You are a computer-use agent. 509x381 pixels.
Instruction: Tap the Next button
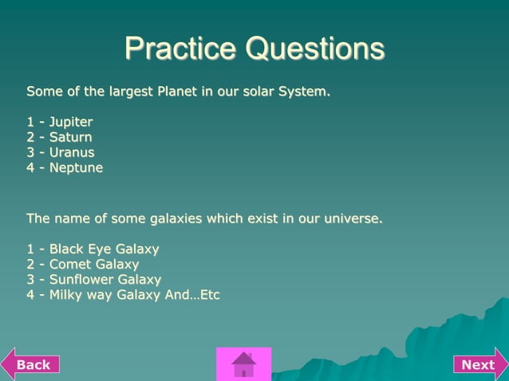479,364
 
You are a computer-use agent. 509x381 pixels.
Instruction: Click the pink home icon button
243,364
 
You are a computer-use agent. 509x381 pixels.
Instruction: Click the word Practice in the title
180,49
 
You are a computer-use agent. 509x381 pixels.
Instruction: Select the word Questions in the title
315,49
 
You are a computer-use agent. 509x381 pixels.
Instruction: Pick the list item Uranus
71,152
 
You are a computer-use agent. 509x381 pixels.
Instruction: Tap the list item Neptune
76,168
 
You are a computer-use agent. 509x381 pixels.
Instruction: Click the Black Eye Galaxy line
104,249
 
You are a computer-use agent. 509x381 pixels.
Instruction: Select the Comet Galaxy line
93,264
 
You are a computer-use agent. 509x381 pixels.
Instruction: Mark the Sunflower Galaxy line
105,280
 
